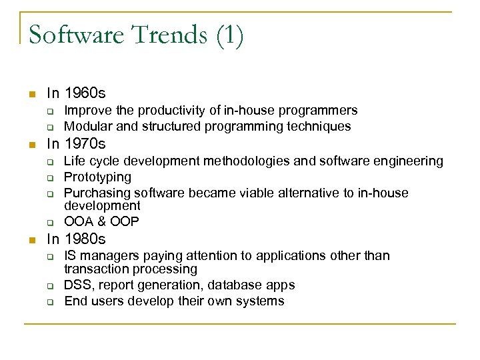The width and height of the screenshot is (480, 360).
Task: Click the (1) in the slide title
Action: pos(229,35)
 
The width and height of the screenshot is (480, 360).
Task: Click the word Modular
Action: pos(87,126)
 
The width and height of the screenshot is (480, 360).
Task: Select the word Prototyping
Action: pos(97,177)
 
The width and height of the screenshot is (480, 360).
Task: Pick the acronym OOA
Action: pos(78,221)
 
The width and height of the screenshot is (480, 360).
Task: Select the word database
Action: pos(239,285)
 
